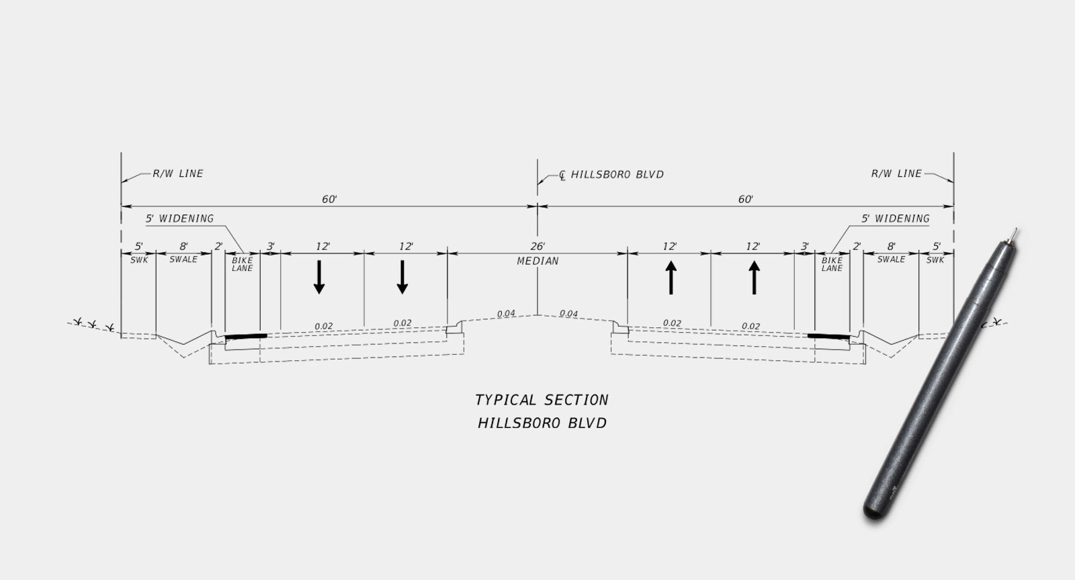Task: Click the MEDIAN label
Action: pyautogui.click(x=537, y=261)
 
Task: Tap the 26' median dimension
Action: pyautogui.click(x=537, y=247)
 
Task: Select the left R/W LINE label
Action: pyautogui.click(x=177, y=173)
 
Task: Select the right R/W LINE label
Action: pyautogui.click(x=896, y=173)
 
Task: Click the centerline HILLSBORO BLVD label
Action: pyautogui.click(x=617, y=175)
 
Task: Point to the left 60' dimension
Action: pyautogui.click(x=329, y=200)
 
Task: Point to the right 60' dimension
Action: pyautogui.click(x=745, y=200)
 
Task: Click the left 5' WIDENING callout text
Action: pyautogui.click(x=180, y=218)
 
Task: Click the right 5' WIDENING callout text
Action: pyautogui.click(x=896, y=218)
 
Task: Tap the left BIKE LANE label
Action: pyautogui.click(x=242, y=264)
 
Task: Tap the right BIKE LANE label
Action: pyautogui.click(x=832, y=264)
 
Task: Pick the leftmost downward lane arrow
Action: pyautogui.click(x=320, y=276)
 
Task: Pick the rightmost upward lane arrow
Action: pyautogui.click(x=754, y=278)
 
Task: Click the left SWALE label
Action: pyautogui.click(x=183, y=259)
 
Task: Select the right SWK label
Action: pyautogui.click(x=935, y=260)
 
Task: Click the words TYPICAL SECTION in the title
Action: pyautogui.click(x=542, y=400)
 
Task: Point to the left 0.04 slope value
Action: pyautogui.click(x=506, y=314)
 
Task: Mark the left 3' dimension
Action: pyautogui.click(x=271, y=247)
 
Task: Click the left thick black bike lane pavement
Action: pyautogui.click(x=245, y=335)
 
